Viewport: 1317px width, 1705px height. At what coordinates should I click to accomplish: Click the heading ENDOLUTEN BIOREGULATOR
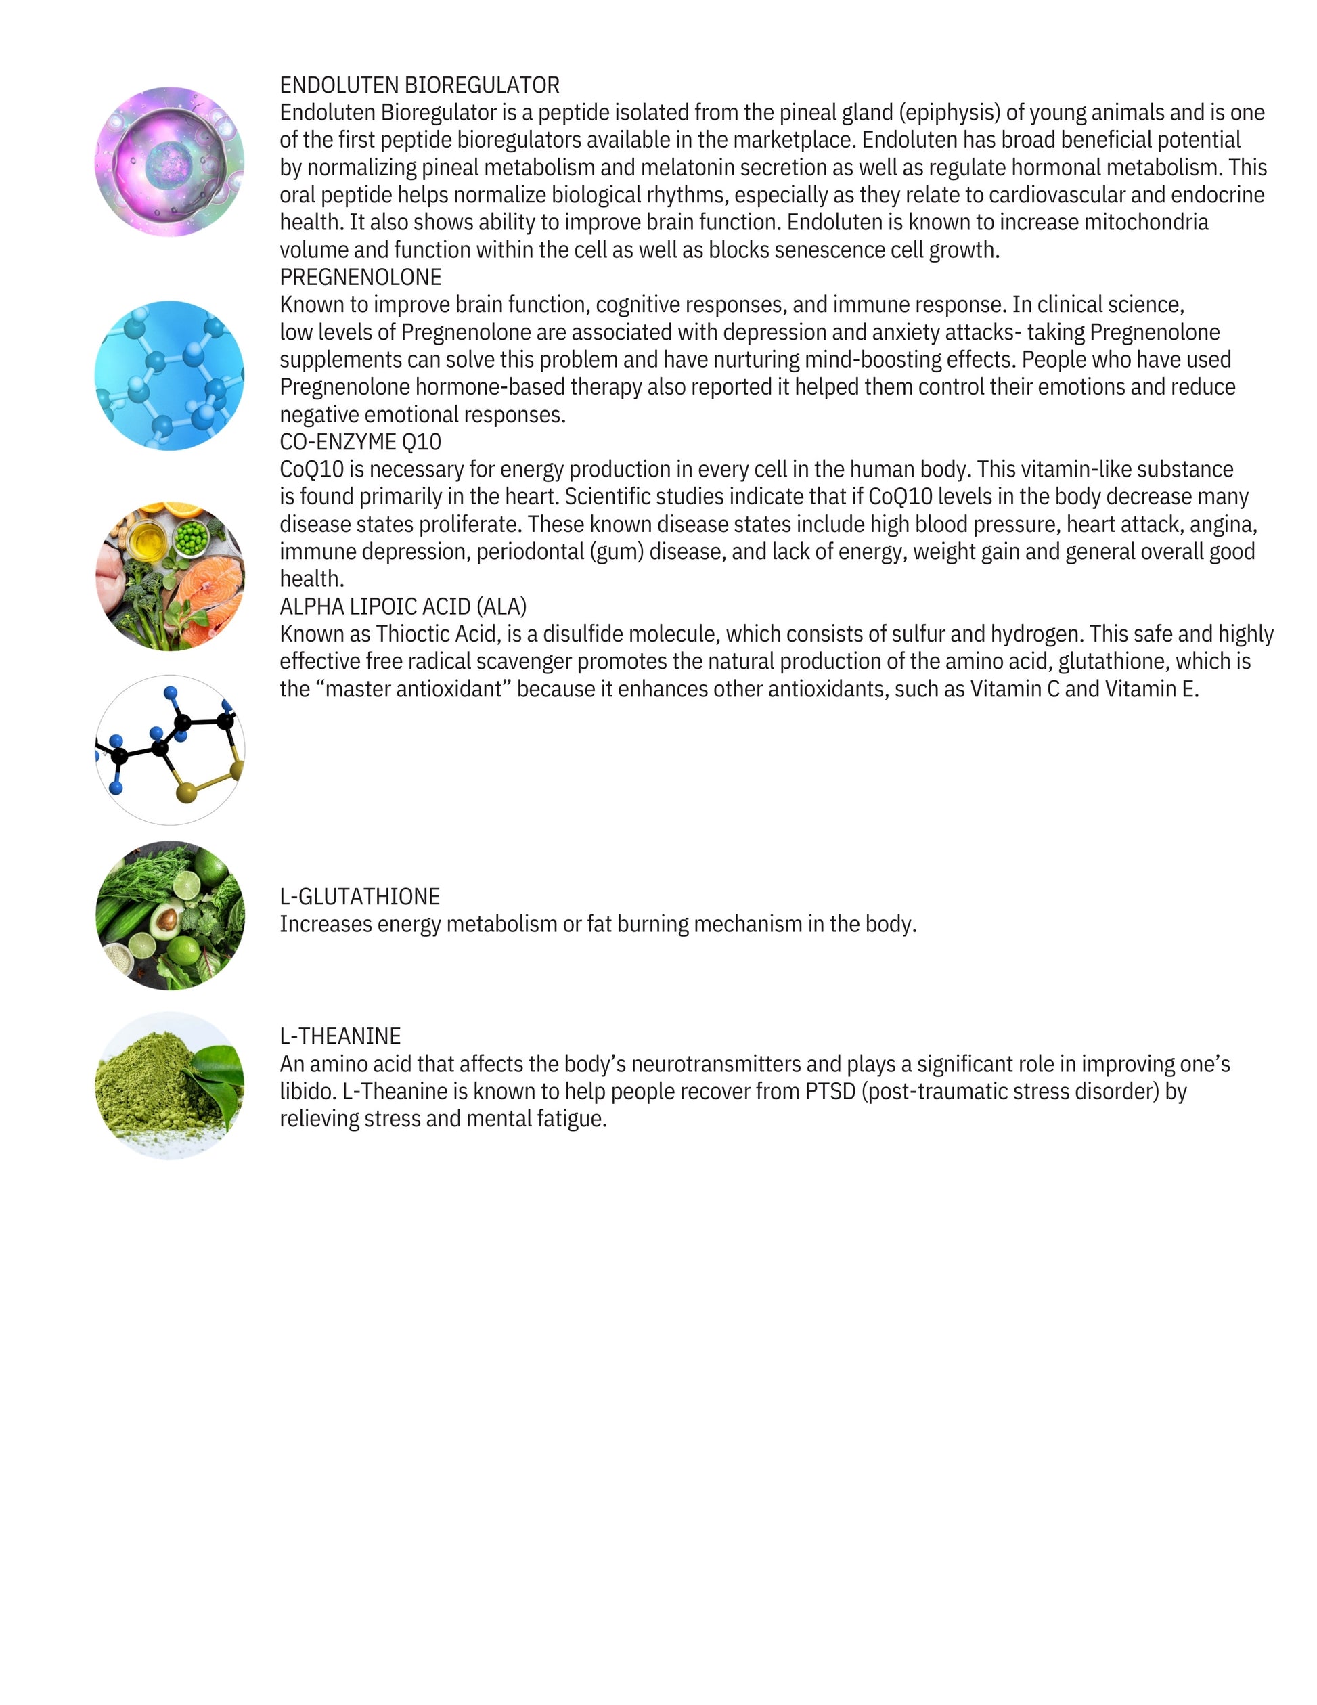click(x=419, y=85)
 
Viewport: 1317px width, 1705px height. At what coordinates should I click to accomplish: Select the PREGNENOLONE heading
click(x=360, y=277)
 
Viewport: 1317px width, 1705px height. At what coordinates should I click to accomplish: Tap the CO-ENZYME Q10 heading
click(x=360, y=442)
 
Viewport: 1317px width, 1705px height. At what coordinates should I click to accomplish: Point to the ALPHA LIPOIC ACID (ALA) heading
click(x=403, y=606)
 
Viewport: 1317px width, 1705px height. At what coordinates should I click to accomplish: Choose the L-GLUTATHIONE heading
click(x=359, y=896)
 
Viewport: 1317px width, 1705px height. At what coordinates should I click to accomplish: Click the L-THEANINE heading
click(x=340, y=1036)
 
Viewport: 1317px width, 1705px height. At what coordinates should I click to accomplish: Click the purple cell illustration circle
click(x=169, y=162)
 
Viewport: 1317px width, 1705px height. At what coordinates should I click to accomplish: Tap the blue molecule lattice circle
click(x=169, y=376)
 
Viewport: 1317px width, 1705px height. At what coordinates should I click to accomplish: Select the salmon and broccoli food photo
click(x=169, y=576)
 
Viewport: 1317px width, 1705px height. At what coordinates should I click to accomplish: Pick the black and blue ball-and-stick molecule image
click(x=169, y=749)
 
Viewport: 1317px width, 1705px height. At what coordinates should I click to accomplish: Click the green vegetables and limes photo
click(x=169, y=915)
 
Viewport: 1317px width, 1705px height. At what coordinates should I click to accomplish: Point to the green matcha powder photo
click(x=169, y=1085)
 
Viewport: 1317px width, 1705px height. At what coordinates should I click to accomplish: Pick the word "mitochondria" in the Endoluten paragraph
click(x=1146, y=223)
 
